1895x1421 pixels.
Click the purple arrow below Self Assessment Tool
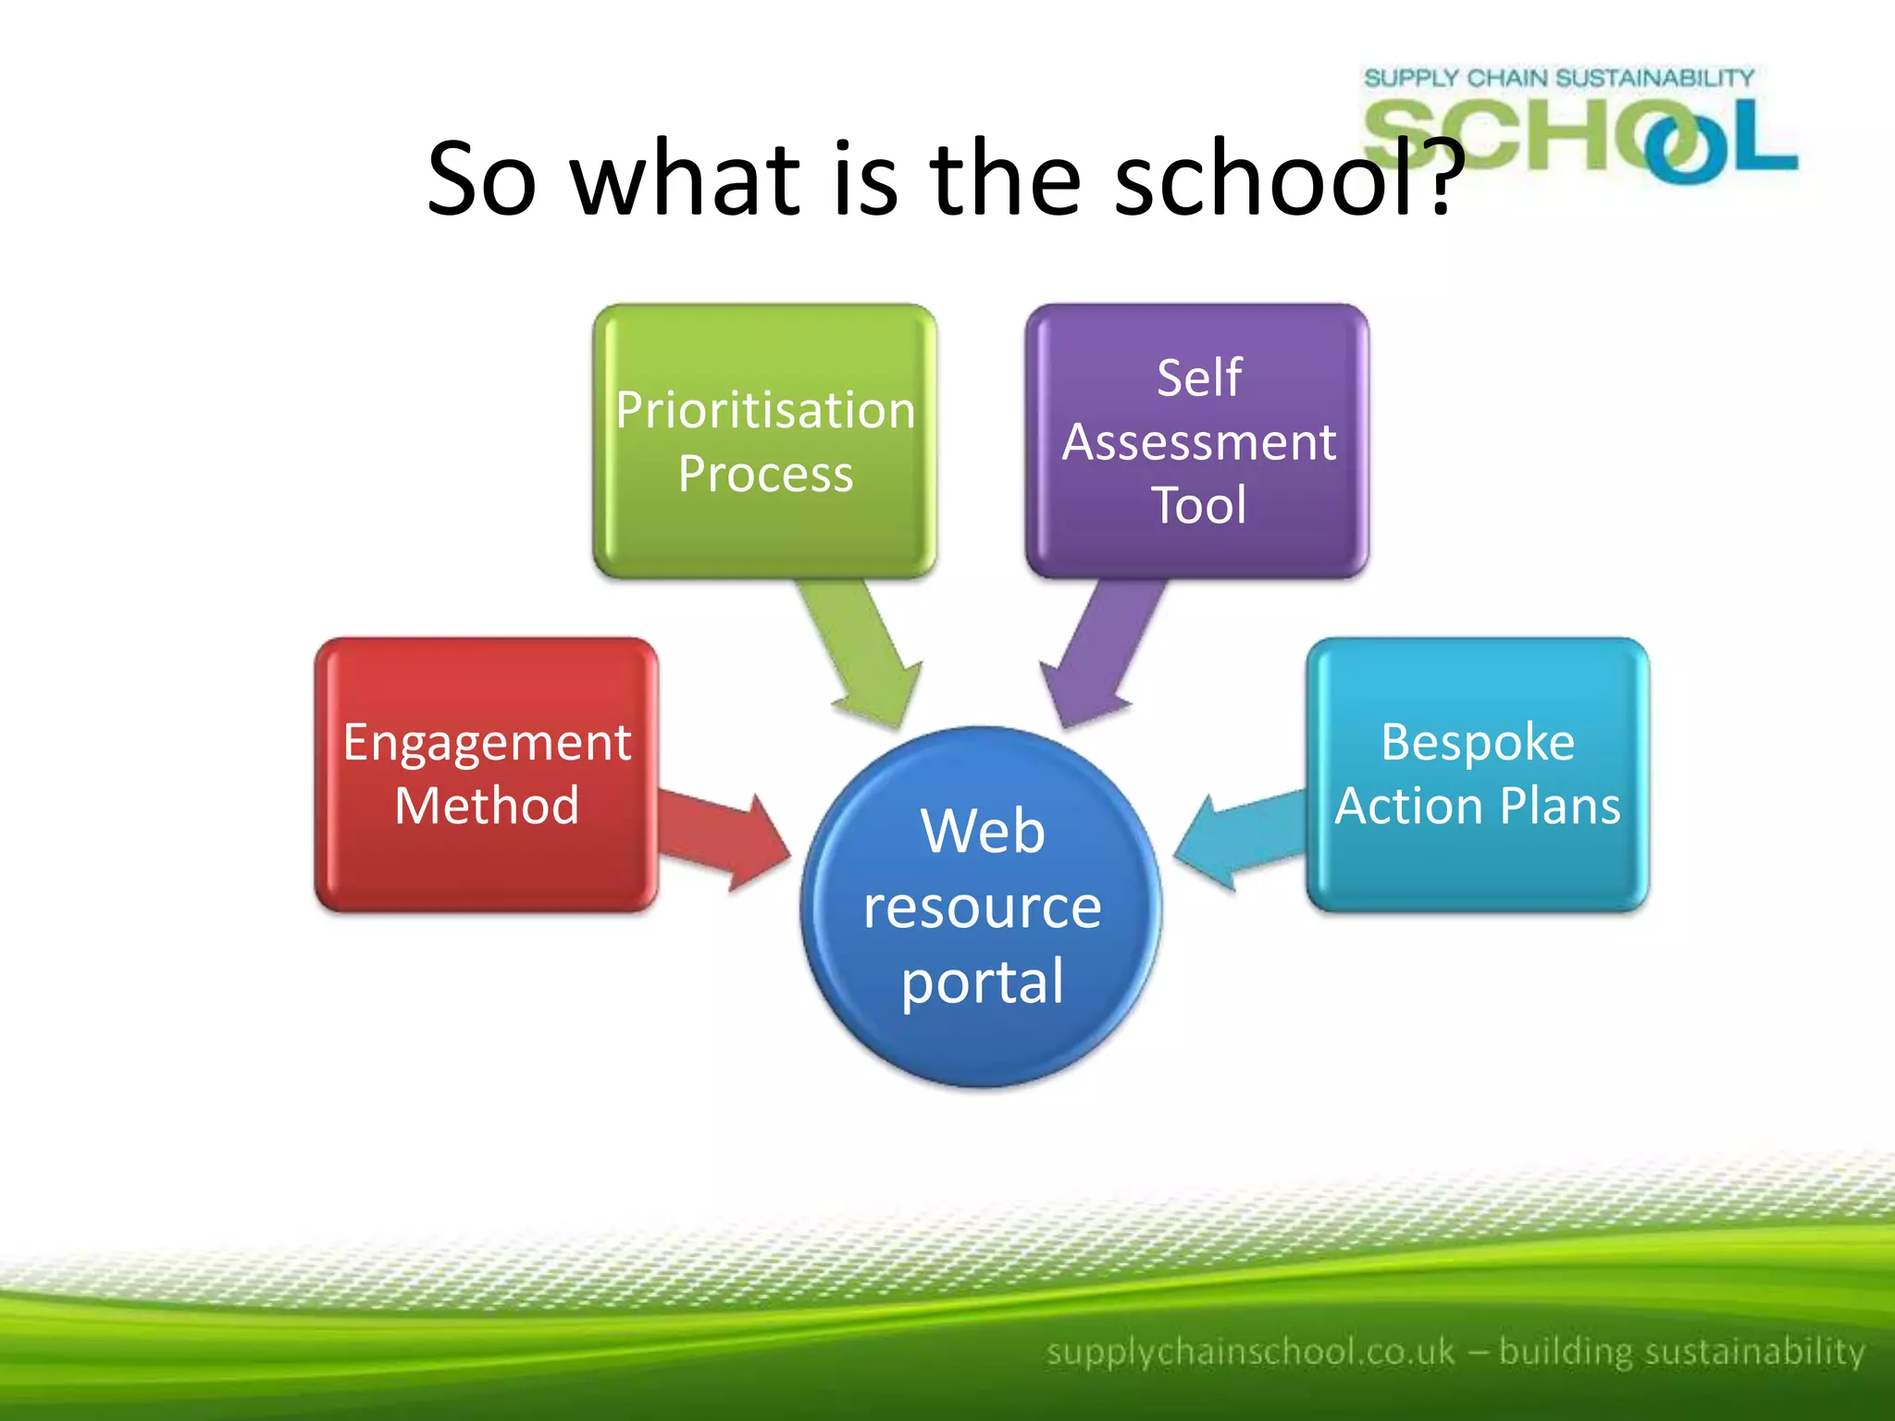click(x=1101, y=652)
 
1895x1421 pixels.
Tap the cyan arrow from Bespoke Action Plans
click(x=1240, y=837)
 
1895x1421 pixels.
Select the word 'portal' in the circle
click(x=983, y=982)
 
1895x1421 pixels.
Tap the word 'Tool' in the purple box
click(x=1198, y=505)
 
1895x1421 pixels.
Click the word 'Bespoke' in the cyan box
click(x=1478, y=742)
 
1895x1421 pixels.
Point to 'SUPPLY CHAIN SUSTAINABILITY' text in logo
click(x=1558, y=78)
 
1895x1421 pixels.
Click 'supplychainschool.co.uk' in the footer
click(x=1250, y=1352)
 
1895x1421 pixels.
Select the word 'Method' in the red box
click(x=487, y=805)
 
